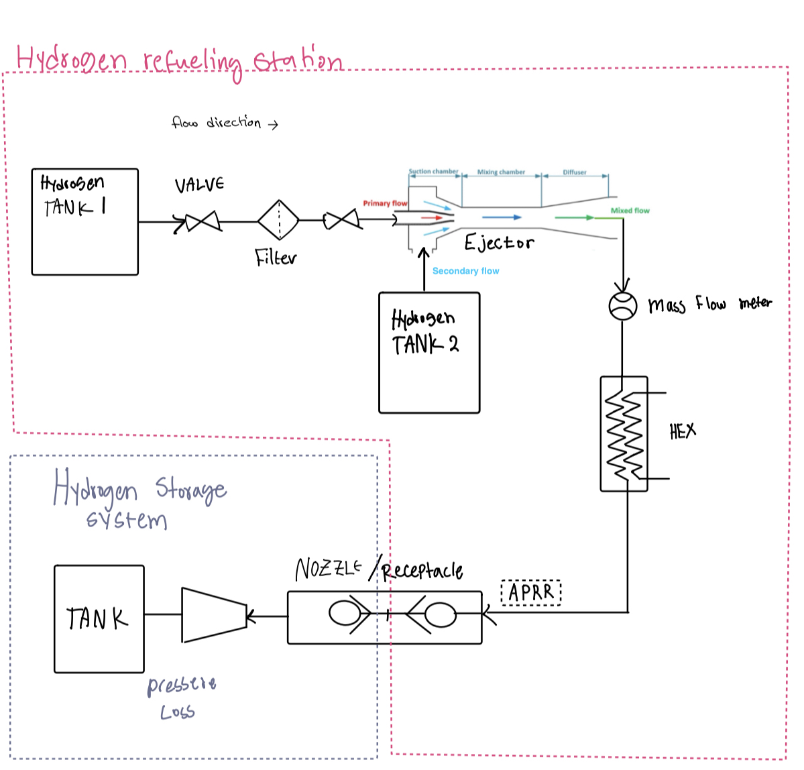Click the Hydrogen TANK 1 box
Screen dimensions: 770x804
85,222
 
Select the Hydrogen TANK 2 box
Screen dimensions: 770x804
429,353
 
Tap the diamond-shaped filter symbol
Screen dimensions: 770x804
278,220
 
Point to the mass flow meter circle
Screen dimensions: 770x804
622,307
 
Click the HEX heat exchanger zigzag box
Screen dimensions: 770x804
624,434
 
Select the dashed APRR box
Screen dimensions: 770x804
531,593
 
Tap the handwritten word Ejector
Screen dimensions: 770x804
499,242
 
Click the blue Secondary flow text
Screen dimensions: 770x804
465,271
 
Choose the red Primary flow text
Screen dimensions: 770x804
385,203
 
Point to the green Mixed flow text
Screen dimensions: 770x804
630,211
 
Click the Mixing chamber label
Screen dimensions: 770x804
501,172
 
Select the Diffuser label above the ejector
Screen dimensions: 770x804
575,172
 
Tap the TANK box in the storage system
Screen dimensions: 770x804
99,619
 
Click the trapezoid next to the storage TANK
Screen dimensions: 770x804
214,615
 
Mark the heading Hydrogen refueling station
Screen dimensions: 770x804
180,60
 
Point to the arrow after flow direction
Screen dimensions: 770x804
272,124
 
